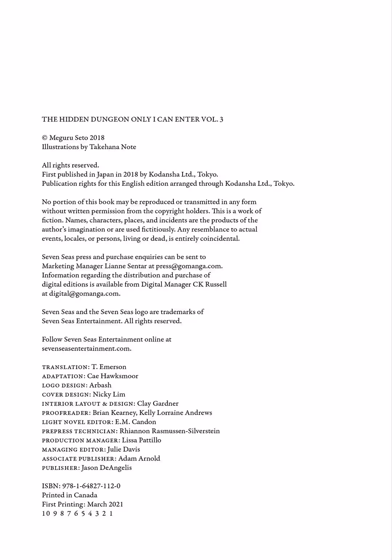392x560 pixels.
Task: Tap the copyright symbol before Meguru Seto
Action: point(45,138)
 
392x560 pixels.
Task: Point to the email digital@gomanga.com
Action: point(84,293)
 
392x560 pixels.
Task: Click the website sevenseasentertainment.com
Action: point(86,348)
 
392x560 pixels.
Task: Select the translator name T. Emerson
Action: point(109,367)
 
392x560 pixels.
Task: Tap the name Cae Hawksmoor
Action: point(113,376)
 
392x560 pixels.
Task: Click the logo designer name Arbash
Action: point(100,385)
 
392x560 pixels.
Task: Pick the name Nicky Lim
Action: point(109,394)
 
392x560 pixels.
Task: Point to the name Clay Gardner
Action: point(158,404)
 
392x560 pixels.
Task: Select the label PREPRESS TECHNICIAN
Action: point(79,431)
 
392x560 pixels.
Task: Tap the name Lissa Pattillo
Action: point(142,440)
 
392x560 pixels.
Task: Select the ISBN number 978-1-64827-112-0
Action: point(91,486)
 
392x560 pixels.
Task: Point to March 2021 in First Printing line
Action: point(105,504)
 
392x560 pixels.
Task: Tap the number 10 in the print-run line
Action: point(46,513)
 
